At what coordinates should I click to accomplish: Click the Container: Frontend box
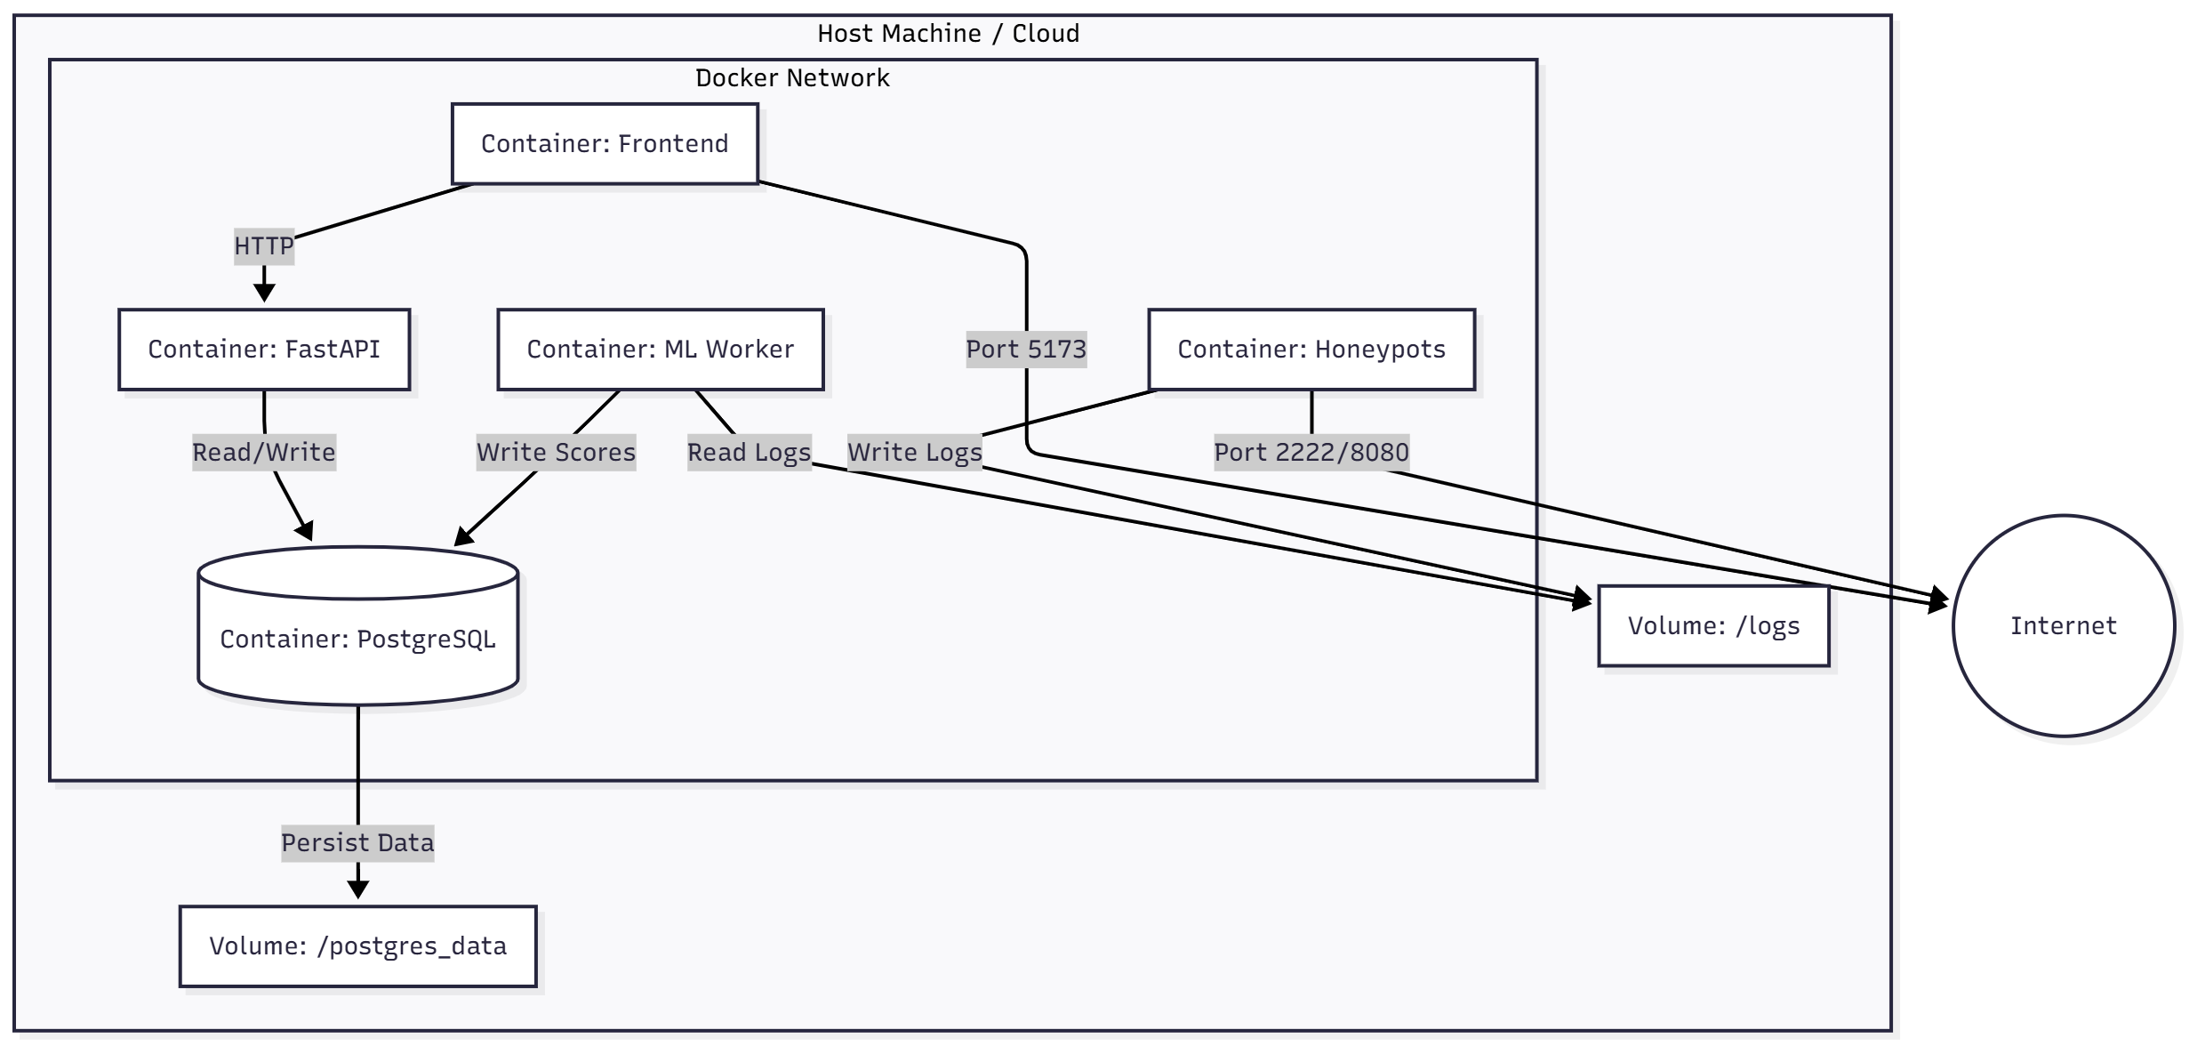coord(605,144)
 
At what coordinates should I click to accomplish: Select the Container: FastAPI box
coord(264,350)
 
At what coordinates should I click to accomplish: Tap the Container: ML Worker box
coord(660,350)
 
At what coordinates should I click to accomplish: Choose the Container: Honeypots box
coord(1311,350)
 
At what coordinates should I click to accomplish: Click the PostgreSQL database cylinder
coord(357,639)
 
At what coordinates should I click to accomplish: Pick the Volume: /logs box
coord(1712,626)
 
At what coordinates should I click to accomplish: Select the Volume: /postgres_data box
coord(357,946)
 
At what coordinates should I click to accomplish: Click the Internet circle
coord(2063,626)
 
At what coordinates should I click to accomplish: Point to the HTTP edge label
coord(264,246)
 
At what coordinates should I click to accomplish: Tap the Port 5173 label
coord(1026,350)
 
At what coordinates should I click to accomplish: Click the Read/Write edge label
coord(264,453)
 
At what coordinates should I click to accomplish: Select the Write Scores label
coord(556,453)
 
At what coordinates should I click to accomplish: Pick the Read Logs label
coord(749,453)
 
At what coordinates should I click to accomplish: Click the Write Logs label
coord(914,453)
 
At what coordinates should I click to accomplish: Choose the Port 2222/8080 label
coord(1311,453)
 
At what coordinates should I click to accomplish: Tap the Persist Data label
coord(357,843)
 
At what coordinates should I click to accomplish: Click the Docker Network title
coord(791,78)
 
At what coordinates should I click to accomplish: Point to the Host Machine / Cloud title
coord(948,34)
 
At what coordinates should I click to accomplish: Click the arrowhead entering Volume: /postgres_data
coord(357,890)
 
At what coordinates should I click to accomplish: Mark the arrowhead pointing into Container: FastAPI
coord(264,293)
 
